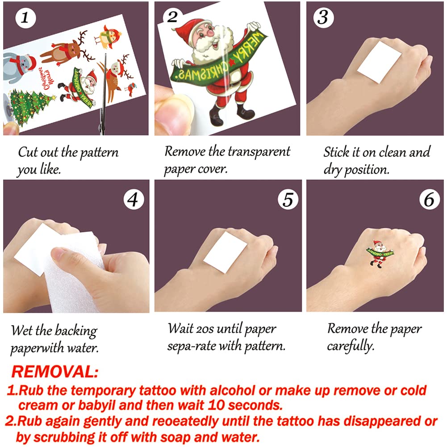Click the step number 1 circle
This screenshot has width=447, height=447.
pos(25,18)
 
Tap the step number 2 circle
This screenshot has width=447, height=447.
pos(173,17)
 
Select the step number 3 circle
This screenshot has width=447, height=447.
pos(323,18)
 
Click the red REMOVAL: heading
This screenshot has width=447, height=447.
pos(55,372)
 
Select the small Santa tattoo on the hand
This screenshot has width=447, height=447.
pos(380,254)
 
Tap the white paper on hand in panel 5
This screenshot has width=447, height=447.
pos(225,252)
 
